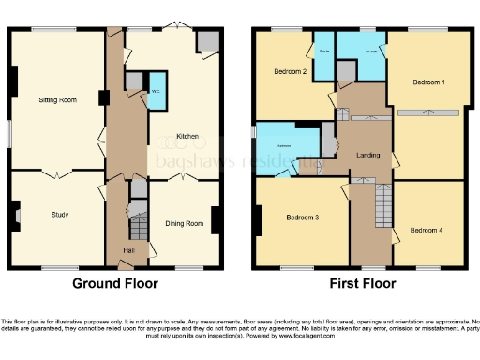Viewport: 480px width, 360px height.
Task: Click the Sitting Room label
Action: (56, 98)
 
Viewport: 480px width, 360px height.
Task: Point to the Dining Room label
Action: (185, 223)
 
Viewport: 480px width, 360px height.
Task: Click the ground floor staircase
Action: (138, 227)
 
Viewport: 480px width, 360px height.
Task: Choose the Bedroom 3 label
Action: (303, 217)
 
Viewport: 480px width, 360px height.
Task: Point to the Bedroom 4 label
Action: (427, 229)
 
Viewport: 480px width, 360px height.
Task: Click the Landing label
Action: (368, 155)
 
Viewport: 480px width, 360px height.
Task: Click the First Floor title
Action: (360, 282)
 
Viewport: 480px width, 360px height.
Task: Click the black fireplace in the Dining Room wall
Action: (217, 220)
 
